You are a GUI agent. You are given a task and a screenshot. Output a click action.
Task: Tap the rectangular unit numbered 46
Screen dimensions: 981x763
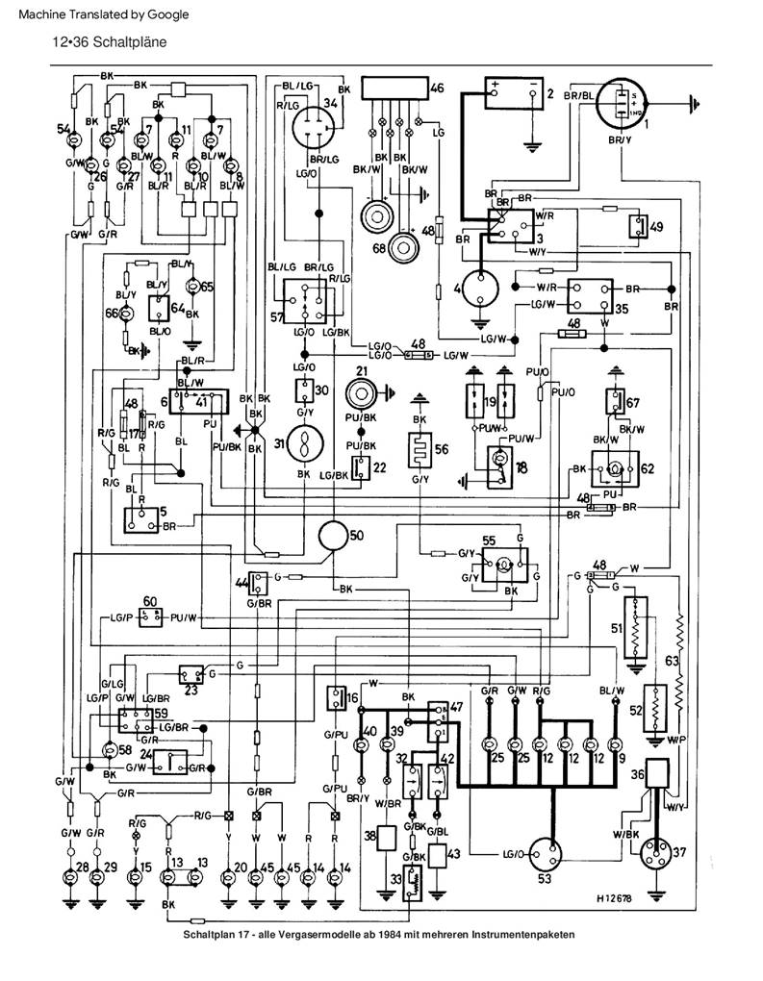pos(394,88)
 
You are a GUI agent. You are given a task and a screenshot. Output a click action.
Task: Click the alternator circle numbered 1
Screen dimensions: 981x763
pos(621,104)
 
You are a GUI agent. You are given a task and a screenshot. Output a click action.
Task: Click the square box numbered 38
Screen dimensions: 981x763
pos(389,840)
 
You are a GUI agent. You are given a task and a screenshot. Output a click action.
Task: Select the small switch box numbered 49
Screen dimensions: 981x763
pos(638,227)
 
